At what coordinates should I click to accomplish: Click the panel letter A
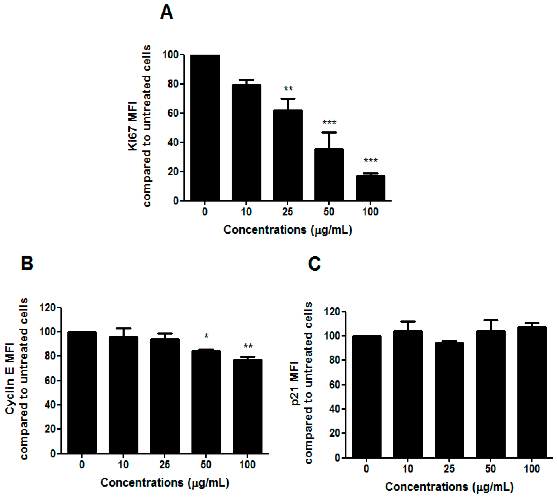click(166, 12)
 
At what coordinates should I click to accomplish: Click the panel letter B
click(27, 263)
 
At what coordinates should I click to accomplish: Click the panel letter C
click(314, 264)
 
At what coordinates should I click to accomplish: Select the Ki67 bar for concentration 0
click(205, 128)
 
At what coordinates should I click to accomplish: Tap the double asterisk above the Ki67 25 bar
click(288, 89)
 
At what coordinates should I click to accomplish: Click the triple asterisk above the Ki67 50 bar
click(329, 123)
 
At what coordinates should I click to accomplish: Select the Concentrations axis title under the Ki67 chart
click(288, 230)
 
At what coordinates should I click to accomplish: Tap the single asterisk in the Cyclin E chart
click(207, 336)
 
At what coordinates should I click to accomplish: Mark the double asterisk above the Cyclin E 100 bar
click(248, 346)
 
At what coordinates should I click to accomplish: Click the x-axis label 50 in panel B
click(206, 465)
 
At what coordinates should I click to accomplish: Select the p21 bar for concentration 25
click(449, 400)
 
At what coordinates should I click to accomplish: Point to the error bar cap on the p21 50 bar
click(490, 320)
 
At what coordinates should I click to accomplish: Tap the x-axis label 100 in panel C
click(532, 469)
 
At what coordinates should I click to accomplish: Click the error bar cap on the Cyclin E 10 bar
click(123, 328)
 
